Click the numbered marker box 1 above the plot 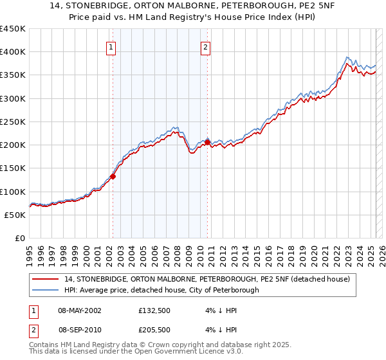click(111, 46)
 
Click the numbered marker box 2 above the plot click(205, 46)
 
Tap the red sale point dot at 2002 click(113, 175)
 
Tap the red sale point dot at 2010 click(207, 141)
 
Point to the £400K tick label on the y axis click(13, 52)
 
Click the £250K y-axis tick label click(13, 122)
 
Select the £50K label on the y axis click(15, 215)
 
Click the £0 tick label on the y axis click(21, 238)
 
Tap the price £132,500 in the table click(157, 310)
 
